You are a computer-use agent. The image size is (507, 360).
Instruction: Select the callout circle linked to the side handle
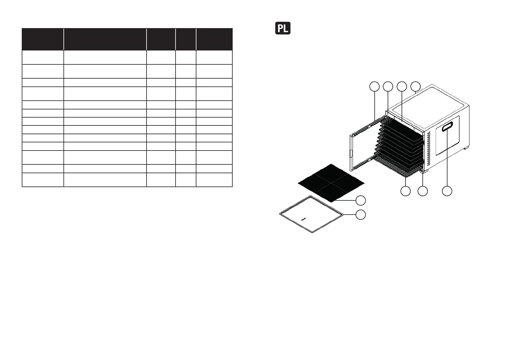pos(447,191)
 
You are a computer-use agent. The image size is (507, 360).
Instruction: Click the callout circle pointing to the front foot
pos(422,191)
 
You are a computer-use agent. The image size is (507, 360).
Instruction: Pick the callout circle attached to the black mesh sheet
pos(360,200)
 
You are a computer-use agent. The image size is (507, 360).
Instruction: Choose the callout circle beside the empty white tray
pos(360,214)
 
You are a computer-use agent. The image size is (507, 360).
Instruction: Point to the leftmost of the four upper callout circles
pos(374,86)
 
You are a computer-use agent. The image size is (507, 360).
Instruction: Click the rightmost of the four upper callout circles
pos(415,86)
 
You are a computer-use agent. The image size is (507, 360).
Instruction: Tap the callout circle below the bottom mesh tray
pos(405,191)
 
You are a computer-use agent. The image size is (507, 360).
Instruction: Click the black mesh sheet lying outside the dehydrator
pos(331,183)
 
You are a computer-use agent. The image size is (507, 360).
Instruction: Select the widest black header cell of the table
pos(105,39)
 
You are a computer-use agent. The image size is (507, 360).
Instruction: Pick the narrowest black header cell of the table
pos(186,39)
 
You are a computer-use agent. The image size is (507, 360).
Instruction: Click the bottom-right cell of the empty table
pos(214,180)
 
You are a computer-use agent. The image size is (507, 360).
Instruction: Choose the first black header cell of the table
pos(43,39)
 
